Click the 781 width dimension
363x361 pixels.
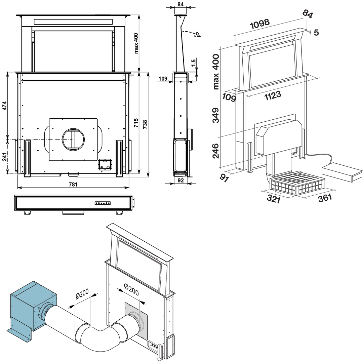(73, 184)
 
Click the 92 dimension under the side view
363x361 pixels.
(181, 180)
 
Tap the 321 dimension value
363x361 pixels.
(274, 198)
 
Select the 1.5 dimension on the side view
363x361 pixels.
(193, 63)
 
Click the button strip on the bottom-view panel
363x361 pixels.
(103, 203)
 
